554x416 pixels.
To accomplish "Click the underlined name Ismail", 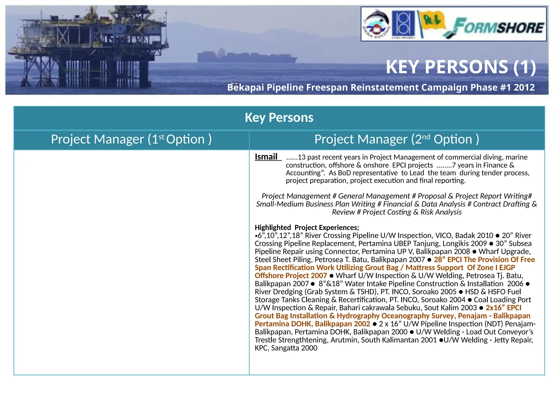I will tap(266, 157).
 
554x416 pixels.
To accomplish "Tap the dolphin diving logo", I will tap(376, 24).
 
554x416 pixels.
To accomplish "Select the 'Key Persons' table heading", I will tap(279, 118).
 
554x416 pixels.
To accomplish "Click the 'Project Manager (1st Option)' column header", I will tap(131, 139).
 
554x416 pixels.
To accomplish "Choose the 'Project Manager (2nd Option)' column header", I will tap(397, 139).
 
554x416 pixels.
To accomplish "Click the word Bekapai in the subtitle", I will tap(245, 87).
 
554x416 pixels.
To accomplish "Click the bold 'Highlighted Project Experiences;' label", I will tap(307, 227).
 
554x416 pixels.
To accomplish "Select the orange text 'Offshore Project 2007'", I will tap(291, 275).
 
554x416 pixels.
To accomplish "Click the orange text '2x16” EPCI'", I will tap(503, 308).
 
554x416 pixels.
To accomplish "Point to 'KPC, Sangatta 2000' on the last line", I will tap(286, 348).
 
